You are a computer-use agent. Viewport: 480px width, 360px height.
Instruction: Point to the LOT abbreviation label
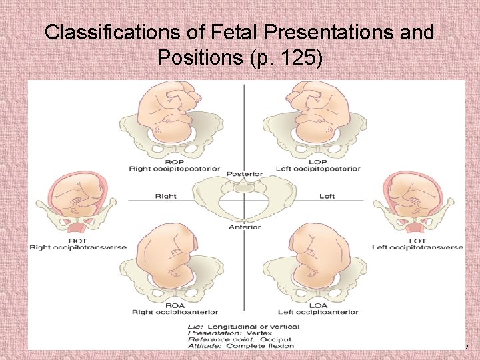pos(417,241)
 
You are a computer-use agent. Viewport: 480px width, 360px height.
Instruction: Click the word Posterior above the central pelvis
pos(244,174)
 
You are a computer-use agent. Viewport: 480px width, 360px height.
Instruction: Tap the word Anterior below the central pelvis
pos(245,227)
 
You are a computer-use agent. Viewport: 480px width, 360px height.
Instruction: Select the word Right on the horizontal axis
pos(165,197)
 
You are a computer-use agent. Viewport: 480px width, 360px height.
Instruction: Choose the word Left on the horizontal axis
pos(327,197)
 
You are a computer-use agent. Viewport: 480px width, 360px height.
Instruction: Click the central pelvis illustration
pos(244,199)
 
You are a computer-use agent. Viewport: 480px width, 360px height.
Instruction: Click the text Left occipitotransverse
pos(417,247)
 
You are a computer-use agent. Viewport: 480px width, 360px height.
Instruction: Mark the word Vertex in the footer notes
pos(260,333)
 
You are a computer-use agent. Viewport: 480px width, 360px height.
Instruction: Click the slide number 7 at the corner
pos(466,347)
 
